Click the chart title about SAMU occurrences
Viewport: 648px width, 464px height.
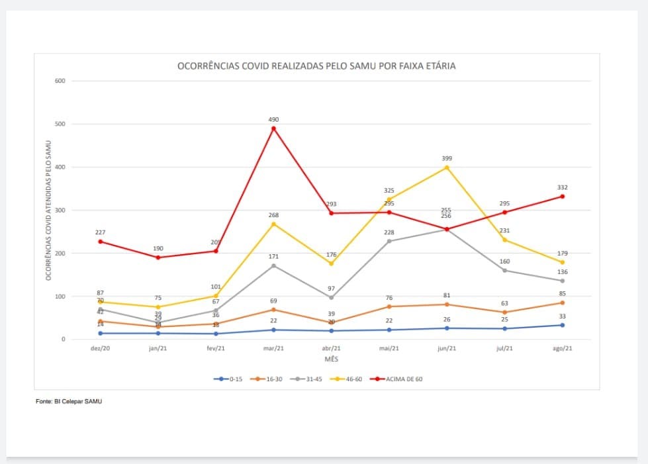click(x=316, y=66)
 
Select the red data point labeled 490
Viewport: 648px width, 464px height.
click(x=273, y=128)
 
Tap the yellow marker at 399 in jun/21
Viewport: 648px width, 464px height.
click(x=447, y=167)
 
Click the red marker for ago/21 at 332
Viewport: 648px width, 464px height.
click(x=563, y=197)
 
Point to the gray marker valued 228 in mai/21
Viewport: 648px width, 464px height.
click(x=389, y=241)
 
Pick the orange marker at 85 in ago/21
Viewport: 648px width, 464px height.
click(x=563, y=302)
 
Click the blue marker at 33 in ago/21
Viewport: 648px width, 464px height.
click(x=563, y=325)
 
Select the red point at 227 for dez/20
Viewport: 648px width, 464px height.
click(x=100, y=242)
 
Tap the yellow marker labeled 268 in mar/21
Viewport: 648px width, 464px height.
click(x=273, y=224)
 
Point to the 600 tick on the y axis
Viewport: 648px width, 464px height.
click(x=61, y=81)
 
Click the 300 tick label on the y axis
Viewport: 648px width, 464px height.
click(x=61, y=210)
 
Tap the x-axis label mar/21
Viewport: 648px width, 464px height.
click(x=273, y=349)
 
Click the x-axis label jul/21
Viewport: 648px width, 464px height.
click(x=504, y=349)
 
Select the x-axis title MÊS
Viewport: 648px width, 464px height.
click(x=331, y=358)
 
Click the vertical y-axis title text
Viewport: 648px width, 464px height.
click(x=48, y=210)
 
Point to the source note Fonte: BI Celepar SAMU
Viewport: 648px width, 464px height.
click(x=69, y=401)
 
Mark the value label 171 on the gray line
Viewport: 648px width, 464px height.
click(x=273, y=255)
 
